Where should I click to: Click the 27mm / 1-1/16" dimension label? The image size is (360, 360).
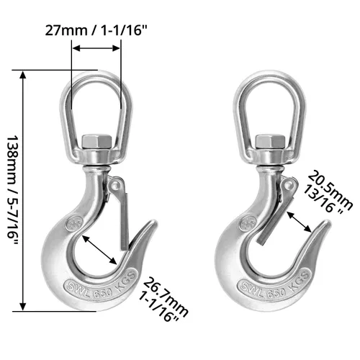[96, 31]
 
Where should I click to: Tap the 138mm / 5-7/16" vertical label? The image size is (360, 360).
[12, 190]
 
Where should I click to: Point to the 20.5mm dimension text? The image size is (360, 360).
[330, 190]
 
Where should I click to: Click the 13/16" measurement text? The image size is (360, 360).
[323, 199]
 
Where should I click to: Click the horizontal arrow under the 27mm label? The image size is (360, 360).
[96, 48]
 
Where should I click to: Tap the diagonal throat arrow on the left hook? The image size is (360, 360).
[99, 250]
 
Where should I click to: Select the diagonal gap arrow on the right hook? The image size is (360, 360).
[300, 222]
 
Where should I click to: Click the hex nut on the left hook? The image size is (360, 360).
[97, 142]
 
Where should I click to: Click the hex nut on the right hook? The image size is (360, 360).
[271, 142]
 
